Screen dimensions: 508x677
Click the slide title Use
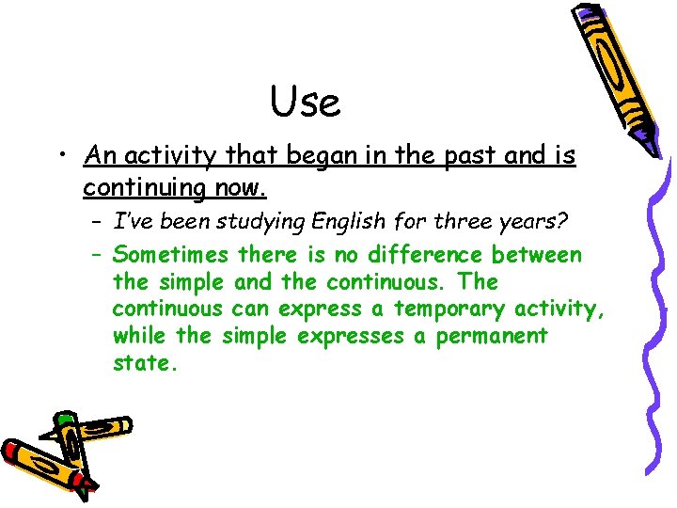305,102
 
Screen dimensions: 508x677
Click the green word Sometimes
170,255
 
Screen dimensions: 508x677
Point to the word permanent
491,336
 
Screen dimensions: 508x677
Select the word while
139,336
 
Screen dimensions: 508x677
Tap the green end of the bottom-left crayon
64,418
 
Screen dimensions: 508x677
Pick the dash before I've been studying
98,222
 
